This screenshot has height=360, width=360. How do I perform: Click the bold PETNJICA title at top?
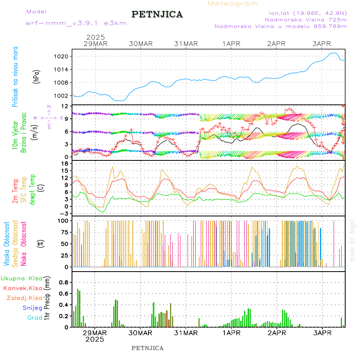tap(157, 14)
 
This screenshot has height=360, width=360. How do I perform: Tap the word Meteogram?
tap(233, 4)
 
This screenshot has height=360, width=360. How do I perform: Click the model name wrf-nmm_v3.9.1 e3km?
tap(76, 23)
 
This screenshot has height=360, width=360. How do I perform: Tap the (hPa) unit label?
tap(36, 76)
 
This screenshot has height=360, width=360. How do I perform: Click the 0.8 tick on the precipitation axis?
tap(64, 282)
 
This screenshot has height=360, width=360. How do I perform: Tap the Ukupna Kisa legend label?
tap(22, 278)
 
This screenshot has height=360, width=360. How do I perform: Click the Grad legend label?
tap(35, 318)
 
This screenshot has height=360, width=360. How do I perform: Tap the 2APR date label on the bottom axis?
tap(276, 333)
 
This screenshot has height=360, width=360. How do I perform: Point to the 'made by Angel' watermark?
tap(352, 240)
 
